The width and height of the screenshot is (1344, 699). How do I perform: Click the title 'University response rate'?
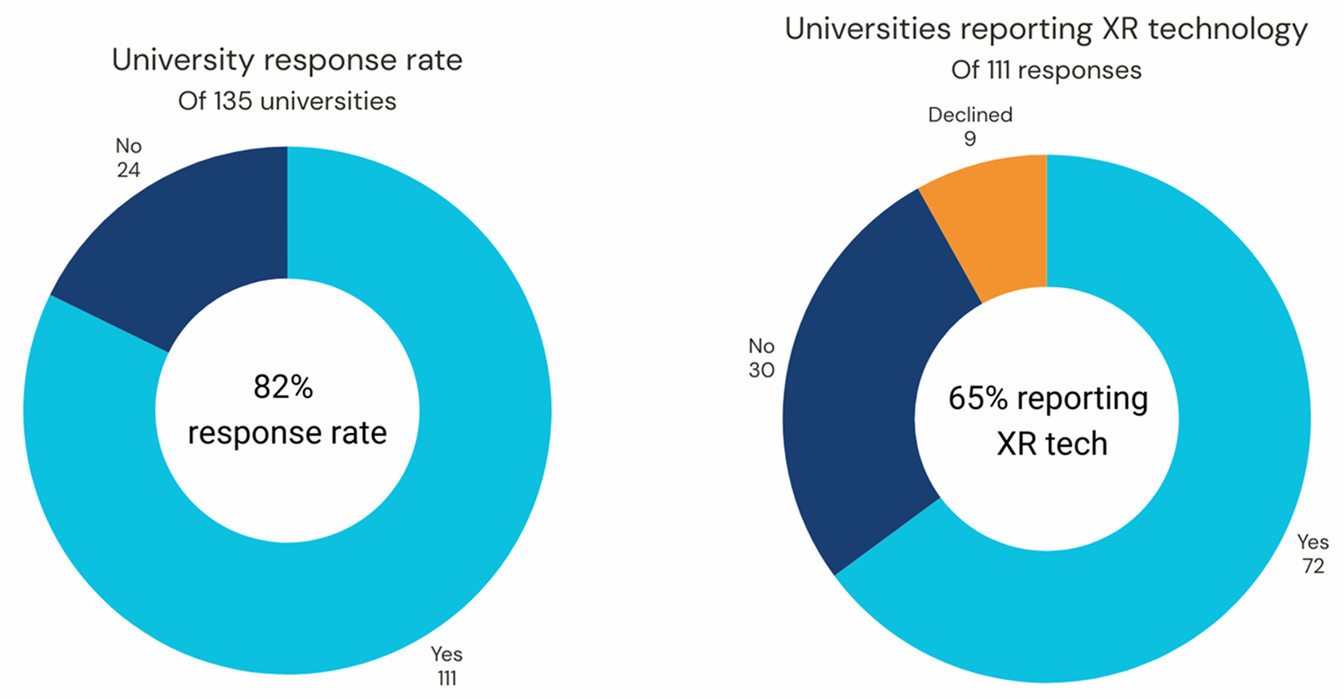click(287, 61)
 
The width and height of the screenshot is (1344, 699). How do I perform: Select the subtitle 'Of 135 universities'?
click(287, 101)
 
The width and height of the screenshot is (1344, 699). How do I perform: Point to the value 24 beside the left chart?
click(129, 169)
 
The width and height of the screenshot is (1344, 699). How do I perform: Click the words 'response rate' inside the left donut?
click(287, 432)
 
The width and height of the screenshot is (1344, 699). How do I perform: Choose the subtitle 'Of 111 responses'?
click(1046, 69)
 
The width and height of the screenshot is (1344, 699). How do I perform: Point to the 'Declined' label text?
click(970, 115)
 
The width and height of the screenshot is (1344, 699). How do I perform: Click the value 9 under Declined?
click(970, 138)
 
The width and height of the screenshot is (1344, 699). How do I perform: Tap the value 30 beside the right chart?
click(761, 370)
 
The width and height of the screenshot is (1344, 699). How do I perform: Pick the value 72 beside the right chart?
click(1312, 566)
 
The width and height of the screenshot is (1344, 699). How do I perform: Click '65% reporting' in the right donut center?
click(1048, 399)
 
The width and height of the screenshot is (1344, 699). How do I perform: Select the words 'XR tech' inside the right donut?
click(1051, 444)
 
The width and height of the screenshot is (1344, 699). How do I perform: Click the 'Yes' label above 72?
click(1312, 543)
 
